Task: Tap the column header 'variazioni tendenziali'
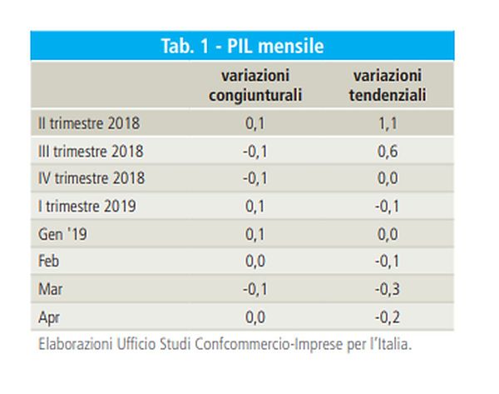[x=387, y=86]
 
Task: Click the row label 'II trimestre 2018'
[x=89, y=124]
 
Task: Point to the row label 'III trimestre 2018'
[x=91, y=152]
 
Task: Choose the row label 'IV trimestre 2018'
[x=91, y=179]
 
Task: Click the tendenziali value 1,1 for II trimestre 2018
[x=387, y=124]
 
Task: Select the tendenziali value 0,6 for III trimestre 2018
[x=387, y=152]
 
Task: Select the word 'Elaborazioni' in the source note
[x=74, y=343]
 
